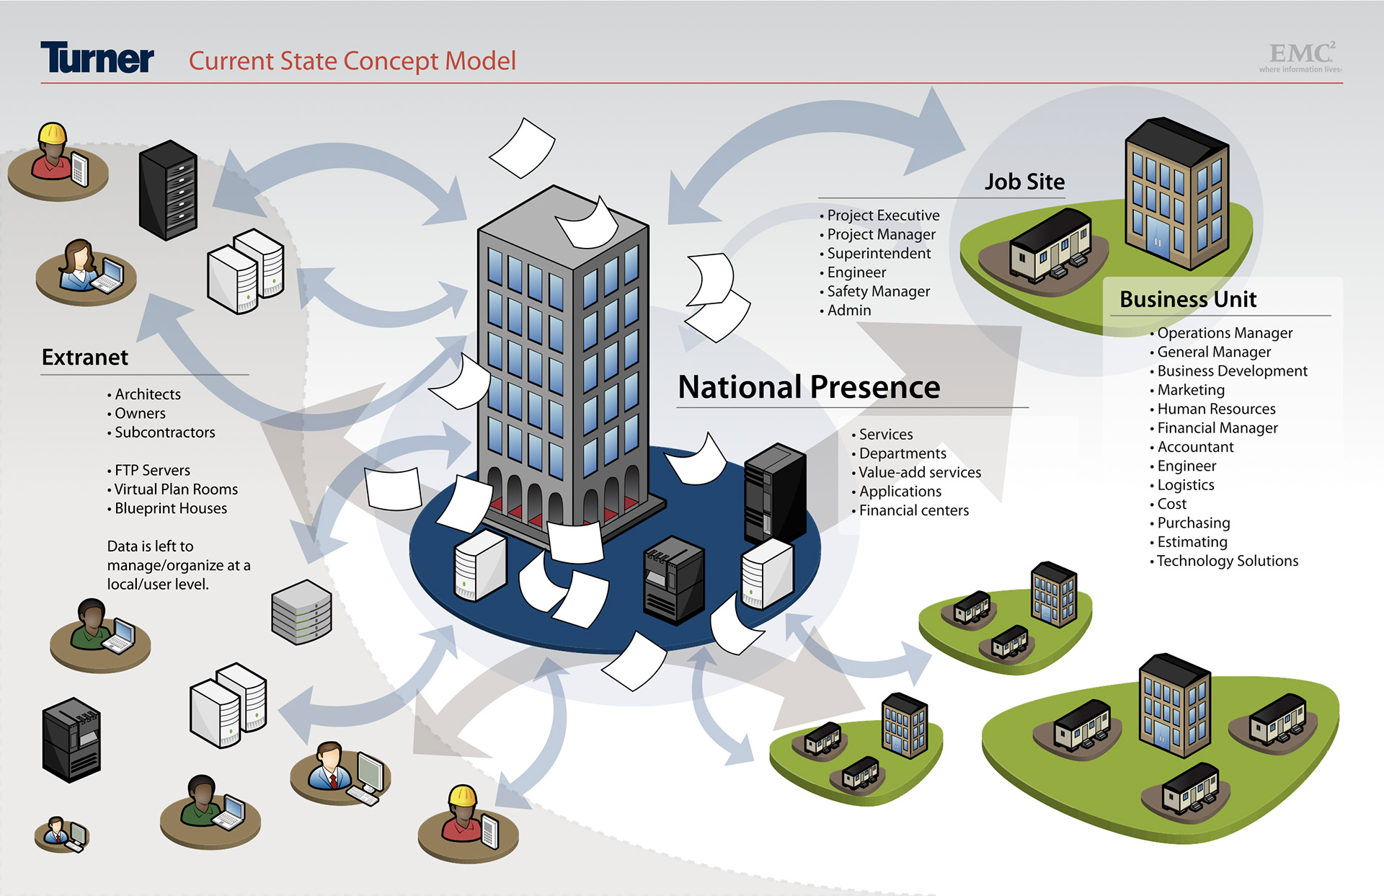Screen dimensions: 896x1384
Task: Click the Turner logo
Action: [97, 58]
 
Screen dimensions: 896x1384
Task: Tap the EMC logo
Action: [1301, 56]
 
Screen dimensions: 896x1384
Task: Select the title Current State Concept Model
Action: [352, 61]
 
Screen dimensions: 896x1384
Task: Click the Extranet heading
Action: [85, 358]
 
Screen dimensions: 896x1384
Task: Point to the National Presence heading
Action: [809, 387]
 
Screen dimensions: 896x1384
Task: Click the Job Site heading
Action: [1024, 182]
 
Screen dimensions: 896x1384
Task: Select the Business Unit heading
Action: [1188, 299]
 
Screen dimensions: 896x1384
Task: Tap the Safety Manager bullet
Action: [878, 291]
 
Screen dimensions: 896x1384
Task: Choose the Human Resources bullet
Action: [1216, 409]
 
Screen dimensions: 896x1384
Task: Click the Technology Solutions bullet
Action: [1227, 561]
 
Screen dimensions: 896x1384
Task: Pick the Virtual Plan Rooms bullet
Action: [176, 489]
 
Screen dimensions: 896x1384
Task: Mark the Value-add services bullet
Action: [920, 472]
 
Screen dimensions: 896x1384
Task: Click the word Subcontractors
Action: [165, 433]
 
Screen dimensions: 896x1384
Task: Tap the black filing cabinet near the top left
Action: [168, 190]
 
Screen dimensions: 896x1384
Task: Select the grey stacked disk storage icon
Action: [301, 612]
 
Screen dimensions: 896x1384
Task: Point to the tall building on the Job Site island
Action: [1176, 192]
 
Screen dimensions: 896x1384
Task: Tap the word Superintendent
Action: [879, 254]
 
